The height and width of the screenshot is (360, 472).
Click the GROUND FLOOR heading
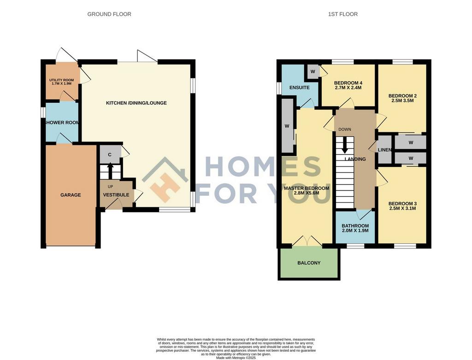coord(109,14)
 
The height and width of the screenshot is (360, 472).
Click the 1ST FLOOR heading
coord(343,14)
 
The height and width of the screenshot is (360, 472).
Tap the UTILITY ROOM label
coord(61,80)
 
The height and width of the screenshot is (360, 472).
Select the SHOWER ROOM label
coord(62,123)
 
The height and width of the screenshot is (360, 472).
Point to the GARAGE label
coord(71,195)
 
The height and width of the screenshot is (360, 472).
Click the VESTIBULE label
coord(116,195)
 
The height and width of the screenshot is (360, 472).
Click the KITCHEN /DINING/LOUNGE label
coord(136,103)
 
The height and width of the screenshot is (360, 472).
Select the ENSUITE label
coord(300,88)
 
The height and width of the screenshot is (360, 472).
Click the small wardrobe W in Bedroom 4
coord(313,72)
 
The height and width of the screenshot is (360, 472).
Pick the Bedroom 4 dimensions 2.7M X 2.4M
coord(348,88)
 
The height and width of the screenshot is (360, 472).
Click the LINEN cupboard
coord(384,150)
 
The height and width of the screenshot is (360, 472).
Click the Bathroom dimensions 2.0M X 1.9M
coord(355,230)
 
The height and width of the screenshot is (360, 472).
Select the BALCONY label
coord(309,263)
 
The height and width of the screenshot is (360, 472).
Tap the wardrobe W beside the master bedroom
coord(287,126)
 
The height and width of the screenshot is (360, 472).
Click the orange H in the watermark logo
coord(165,188)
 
